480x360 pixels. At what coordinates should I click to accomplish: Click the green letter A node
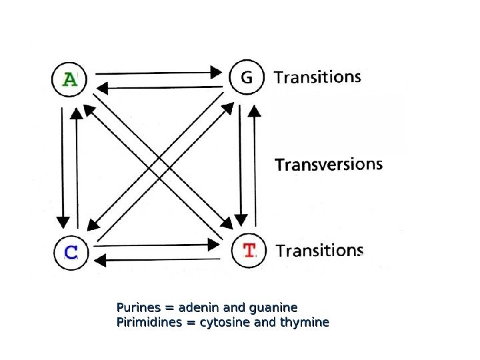pos(69,79)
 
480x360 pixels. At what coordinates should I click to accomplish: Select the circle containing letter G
pos(247,78)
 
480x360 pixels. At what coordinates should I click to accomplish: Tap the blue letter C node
pos(71,252)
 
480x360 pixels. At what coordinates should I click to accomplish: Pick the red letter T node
pos(249,251)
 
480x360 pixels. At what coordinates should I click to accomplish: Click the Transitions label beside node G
pos(317,77)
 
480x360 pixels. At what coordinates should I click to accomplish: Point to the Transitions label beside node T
pos(319,251)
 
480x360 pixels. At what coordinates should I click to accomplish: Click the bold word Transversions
pos(329,164)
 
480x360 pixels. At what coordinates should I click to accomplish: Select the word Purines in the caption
pos(139,308)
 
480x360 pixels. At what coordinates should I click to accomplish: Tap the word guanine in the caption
pos(273,308)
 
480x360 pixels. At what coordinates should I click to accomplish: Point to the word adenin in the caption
pos(200,308)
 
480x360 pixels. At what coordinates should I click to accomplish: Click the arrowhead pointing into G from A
pos(216,71)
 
